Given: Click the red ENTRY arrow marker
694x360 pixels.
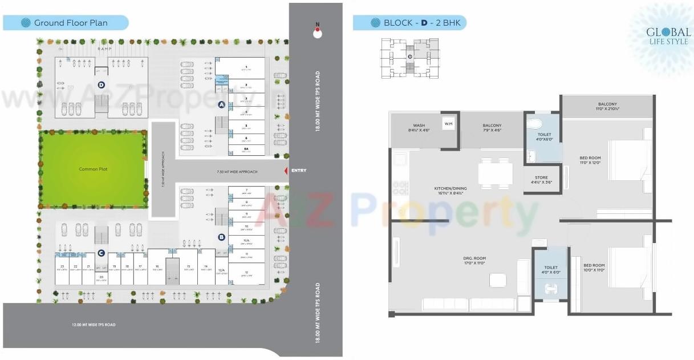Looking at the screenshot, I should [286, 171].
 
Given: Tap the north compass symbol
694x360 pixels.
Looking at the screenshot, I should [318, 33].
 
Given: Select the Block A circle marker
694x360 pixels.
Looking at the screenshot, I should [222, 104].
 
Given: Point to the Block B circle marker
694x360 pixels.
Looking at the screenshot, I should [221, 237].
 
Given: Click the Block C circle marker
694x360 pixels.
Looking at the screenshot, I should [100, 253].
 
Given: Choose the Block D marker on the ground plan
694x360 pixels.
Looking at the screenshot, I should [101, 85].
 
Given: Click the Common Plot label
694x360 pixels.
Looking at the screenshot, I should [93, 169].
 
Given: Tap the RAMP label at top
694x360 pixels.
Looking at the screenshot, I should [104, 49].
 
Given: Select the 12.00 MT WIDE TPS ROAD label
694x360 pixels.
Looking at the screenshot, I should [94, 325].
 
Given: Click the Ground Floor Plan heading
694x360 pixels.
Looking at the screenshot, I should [71, 23].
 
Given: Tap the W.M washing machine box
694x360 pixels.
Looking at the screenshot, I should [448, 123].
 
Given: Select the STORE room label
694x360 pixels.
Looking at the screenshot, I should [541, 180].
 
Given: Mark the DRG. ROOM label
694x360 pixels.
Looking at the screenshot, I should [474, 261].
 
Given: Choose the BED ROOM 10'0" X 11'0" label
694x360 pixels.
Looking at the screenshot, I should [594, 268].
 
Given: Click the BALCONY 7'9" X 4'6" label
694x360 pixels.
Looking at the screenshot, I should [492, 128].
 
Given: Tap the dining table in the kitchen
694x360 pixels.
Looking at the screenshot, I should [495, 173].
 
